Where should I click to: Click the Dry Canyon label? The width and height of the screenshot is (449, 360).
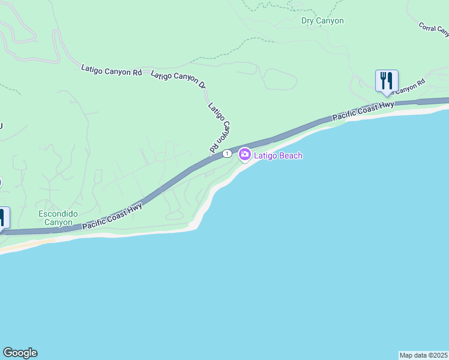(x=322, y=21)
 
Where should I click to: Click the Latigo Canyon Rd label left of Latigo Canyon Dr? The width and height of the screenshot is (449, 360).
(x=112, y=70)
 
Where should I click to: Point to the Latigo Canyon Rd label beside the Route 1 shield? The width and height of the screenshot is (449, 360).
(x=220, y=127)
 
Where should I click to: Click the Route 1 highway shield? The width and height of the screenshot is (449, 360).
(x=226, y=154)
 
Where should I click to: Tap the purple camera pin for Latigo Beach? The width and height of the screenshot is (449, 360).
(x=244, y=155)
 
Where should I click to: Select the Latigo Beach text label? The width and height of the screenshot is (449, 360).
(x=278, y=156)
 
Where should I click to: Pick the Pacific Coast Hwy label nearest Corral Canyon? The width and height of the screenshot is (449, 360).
(x=364, y=110)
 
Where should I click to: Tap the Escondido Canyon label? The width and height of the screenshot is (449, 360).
(x=55, y=218)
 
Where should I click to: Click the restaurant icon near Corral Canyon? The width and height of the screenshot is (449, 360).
(x=386, y=80)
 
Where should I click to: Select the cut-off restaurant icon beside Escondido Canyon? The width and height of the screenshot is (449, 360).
(x=3, y=217)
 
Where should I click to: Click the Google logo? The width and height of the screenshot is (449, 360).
(x=20, y=353)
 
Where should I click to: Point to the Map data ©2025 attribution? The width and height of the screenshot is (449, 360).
(x=424, y=355)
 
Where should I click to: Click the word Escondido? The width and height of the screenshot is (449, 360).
(x=55, y=214)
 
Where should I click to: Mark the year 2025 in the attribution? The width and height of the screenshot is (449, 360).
(x=439, y=355)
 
